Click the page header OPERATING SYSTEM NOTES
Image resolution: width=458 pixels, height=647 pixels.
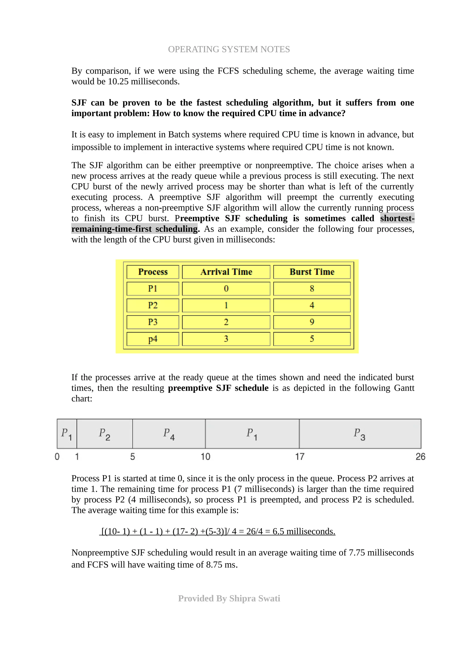tap(229, 49)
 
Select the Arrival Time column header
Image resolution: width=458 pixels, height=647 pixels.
tap(226, 272)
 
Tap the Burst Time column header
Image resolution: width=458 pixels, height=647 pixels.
tap(312, 272)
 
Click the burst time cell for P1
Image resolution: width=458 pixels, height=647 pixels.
tap(312, 288)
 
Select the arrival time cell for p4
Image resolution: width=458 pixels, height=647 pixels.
tap(226, 339)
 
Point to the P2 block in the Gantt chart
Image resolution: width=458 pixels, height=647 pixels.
tap(104, 434)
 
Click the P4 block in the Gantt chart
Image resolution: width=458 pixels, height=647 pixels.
tap(169, 434)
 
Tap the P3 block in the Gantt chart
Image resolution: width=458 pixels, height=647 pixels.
tap(360, 434)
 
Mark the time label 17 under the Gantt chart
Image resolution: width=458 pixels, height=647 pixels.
tap(300, 457)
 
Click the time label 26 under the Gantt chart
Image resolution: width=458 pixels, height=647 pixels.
tap(420, 457)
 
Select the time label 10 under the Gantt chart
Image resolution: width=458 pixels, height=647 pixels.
tap(206, 457)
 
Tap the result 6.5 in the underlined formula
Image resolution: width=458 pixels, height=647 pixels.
tap(278, 531)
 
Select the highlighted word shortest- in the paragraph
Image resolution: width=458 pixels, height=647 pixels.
tap(397, 218)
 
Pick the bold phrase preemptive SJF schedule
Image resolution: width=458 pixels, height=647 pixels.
tap(218, 388)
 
